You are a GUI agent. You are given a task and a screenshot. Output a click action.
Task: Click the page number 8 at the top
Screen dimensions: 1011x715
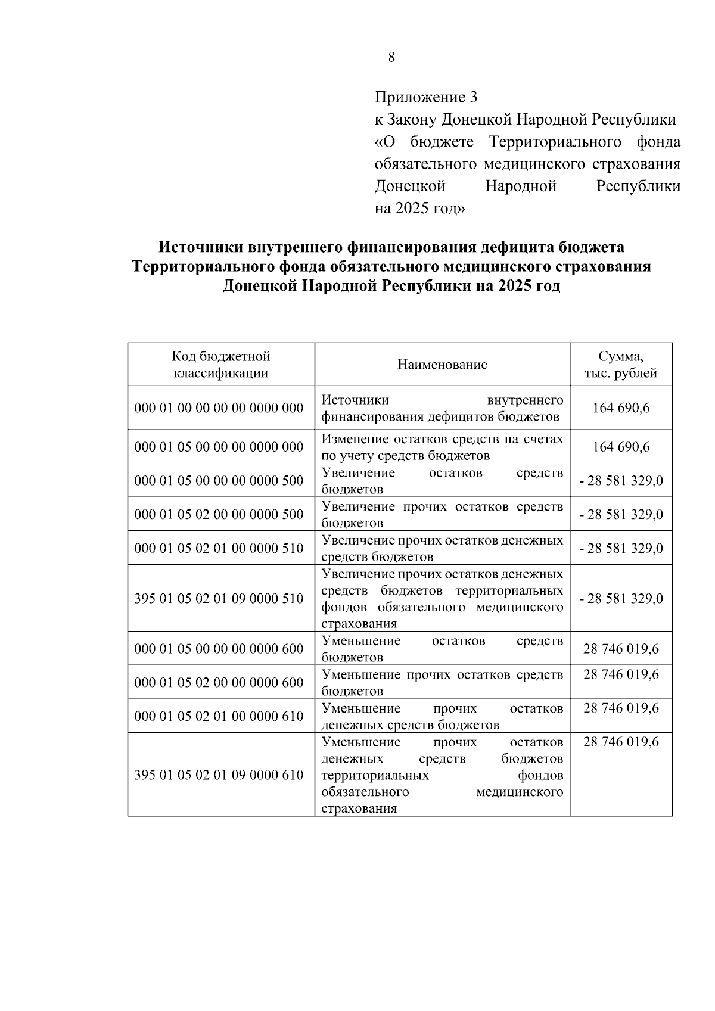(391, 57)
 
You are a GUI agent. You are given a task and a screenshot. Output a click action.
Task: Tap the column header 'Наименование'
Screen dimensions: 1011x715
(442, 365)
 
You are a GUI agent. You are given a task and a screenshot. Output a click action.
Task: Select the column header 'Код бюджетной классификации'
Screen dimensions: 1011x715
(220, 365)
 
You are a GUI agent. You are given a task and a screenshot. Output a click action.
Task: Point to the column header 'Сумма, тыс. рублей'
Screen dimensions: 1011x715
(621, 365)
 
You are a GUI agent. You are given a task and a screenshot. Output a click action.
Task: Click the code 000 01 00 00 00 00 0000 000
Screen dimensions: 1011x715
(219, 408)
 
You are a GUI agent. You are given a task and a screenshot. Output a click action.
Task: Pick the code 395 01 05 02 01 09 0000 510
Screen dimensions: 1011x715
(219, 598)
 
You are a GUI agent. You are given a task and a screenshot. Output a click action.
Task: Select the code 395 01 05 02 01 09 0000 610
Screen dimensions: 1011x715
(219, 775)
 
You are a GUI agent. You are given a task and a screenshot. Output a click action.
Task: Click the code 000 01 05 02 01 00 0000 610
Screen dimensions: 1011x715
(219, 716)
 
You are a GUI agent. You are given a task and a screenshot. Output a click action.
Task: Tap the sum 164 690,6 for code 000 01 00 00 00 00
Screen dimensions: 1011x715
(621, 408)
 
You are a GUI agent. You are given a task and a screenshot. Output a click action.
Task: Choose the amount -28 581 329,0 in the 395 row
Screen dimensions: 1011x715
(621, 598)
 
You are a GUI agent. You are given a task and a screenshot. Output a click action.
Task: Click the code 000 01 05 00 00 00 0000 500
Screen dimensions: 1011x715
(219, 480)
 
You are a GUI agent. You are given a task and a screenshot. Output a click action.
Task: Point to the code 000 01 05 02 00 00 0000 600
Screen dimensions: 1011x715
(219, 682)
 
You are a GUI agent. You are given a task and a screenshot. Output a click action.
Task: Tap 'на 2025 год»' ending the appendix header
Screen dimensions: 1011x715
(419, 209)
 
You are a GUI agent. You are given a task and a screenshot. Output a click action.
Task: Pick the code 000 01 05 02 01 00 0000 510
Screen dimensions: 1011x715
(219, 548)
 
